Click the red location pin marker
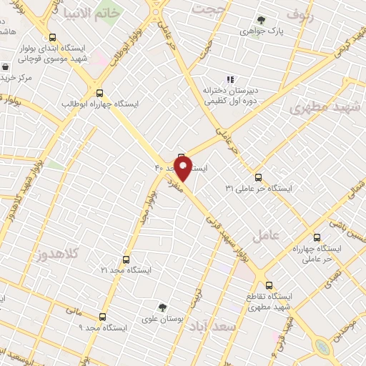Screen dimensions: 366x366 (x=182, y=170)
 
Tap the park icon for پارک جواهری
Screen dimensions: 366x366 (x=261, y=20)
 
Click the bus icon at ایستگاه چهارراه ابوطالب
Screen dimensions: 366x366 (x=99, y=92)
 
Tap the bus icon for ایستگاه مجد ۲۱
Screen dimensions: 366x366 (x=127, y=259)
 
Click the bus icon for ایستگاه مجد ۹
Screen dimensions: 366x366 (x=102, y=316)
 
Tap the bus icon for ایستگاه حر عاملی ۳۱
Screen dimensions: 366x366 (x=258, y=177)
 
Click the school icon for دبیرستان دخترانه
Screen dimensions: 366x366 (x=229, y=79)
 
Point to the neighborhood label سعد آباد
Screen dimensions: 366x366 (x=214, y=326)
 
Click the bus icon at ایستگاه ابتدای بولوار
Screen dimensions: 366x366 (x=51, y=37)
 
